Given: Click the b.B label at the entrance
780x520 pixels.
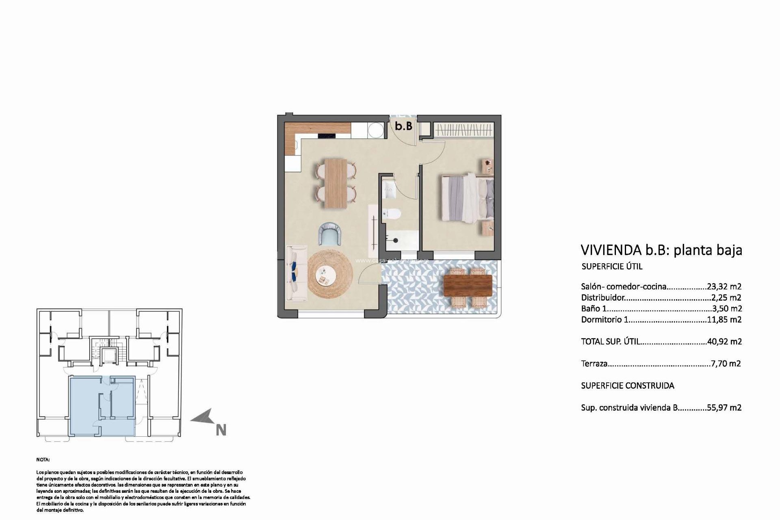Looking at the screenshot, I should [404, 126].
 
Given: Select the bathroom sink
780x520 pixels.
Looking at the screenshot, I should [389, 189].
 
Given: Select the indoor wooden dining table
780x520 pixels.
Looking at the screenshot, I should [336, 183].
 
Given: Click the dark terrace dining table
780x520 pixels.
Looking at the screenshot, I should [468, 285].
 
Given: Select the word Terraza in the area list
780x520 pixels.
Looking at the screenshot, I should [594, 364].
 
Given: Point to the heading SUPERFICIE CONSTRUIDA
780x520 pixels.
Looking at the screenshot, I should [627, 386].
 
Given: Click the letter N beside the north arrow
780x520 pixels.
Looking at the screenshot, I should [221, 430].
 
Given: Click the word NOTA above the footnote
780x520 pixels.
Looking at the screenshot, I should [43, 460].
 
